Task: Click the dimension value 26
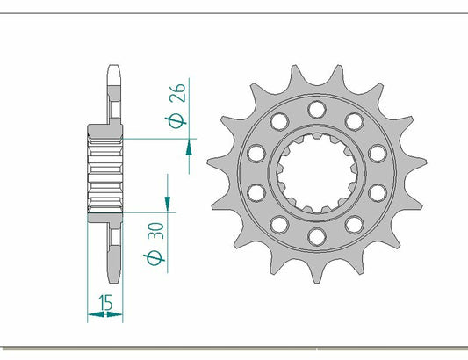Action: (x=176, y=93)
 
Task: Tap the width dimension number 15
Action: (x=105, y=304)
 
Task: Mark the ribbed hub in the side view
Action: (x=105, y=172)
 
